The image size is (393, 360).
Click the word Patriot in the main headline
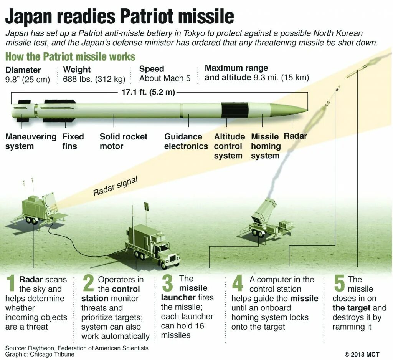149,17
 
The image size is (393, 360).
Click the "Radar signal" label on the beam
115,186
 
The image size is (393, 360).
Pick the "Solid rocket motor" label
123,141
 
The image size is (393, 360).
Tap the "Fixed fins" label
73,141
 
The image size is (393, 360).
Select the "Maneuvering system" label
31,141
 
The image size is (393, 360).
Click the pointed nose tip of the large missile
306,110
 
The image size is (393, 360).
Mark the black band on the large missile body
234,110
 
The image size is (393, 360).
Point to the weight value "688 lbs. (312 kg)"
94,80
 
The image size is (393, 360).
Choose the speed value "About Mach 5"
165,79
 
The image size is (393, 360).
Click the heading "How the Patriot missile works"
70,57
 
